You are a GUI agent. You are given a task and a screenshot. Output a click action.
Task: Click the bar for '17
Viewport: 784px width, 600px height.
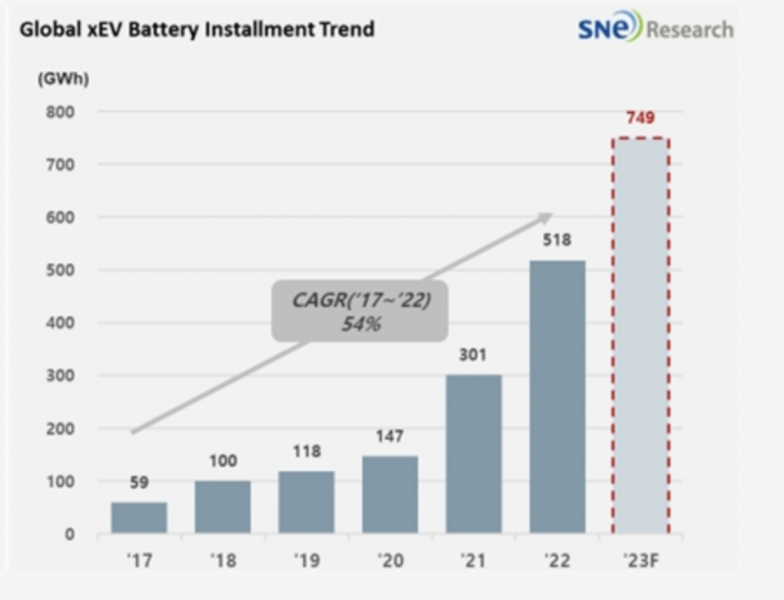pos(139,517)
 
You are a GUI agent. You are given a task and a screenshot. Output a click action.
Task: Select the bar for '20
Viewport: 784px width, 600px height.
pos(390,494)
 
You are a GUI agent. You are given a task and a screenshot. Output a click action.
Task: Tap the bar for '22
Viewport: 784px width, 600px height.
pos(557,397)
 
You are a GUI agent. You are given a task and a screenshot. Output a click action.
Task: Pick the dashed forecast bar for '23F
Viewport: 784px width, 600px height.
pos(641,336)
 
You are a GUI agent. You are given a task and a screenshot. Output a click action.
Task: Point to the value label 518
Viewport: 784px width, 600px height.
pos(557,241)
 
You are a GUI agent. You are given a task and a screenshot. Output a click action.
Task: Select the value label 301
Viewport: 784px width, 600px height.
pos(473,356)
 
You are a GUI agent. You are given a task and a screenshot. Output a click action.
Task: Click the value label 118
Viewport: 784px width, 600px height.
pos(306,452)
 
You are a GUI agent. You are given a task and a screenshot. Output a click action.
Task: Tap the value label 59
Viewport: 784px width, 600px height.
pos(139,482)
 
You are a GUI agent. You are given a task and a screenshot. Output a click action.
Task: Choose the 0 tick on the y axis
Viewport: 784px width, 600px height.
pos(71,534)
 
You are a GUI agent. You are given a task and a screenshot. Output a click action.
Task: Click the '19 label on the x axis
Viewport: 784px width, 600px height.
pos(306,561)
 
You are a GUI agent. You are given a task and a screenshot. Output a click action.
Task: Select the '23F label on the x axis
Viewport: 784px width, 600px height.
pos(641,561)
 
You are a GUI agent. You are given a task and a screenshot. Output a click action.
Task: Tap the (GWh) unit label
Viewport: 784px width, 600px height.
pos(62,79)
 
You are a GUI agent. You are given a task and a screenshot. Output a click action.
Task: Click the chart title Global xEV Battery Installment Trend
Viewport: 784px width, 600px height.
pos(197,29)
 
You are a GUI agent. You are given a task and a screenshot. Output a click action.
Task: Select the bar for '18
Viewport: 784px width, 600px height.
pos(222,507)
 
